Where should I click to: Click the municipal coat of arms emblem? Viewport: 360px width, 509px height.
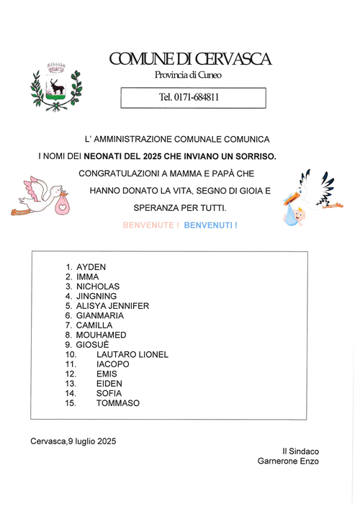(55, 86)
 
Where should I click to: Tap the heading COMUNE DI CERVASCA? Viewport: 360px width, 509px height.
(190, 60)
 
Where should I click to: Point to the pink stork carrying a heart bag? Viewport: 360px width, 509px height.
(42, 196)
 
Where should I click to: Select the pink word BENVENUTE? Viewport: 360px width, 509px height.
(150, 225)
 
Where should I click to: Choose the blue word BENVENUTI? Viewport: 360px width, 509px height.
(210, 225)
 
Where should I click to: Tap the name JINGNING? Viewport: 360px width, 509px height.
(96, 296)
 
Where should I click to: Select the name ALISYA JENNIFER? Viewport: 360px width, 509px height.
(112, 306)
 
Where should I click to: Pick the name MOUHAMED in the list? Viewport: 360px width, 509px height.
(101, 335)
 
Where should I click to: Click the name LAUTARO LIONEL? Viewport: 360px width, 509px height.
(132, 354)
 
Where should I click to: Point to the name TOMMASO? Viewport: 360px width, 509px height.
(117, 403)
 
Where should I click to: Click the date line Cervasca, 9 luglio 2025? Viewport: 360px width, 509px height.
(73, 441)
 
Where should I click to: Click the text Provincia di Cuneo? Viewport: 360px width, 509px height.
(189, 76)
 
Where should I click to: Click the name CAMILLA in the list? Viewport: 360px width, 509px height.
(94, 325)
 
